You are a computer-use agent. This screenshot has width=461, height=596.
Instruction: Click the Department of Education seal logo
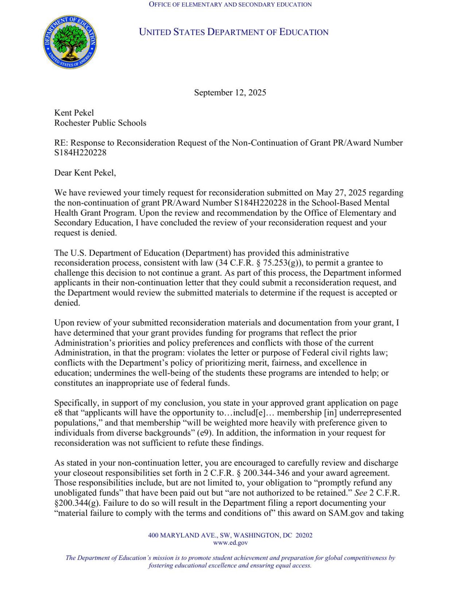70,42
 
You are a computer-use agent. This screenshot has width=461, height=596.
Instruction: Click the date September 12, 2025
230,92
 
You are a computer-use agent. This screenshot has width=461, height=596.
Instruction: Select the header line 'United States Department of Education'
234,32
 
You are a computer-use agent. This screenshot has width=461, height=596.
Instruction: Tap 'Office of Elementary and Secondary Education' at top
230,4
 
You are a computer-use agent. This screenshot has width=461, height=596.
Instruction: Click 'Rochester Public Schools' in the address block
100,123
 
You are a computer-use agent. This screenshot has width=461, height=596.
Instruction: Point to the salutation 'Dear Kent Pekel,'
85,173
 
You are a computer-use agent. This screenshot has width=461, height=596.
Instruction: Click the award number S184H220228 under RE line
80,153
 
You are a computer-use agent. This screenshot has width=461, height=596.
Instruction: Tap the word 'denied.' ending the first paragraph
103,233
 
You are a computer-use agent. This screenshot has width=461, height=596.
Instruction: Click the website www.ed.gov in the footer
230,542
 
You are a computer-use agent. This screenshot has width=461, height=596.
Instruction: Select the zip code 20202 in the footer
304,535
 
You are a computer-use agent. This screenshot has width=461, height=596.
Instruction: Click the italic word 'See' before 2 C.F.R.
360,493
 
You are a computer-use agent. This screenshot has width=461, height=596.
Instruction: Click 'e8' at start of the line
59,413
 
